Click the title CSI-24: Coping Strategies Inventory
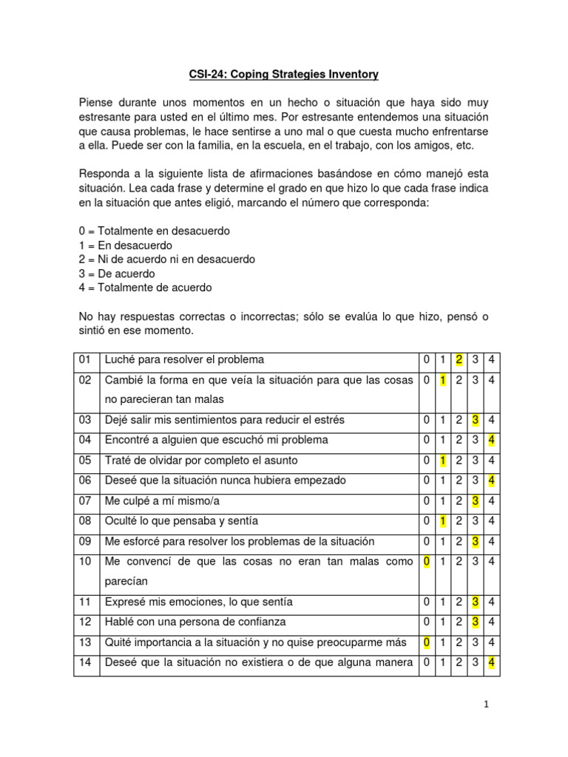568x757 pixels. click(283, 74)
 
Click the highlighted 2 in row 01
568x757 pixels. click(459, 360)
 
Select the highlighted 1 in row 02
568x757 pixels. click(442, 380)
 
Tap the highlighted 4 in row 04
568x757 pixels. click(492, 440)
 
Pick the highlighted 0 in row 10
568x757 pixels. click(426, 562)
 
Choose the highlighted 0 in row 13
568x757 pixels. click(426, 642)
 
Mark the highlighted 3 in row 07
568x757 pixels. click(476, 500)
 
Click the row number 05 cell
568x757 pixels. click(84, 461)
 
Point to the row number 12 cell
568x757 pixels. click(84, 622)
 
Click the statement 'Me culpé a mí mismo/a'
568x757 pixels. click(163, 500)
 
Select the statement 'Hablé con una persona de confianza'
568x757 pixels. click(195, 622)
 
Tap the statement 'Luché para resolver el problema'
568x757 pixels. click(184, 360)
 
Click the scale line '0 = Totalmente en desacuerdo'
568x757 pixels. click(155, 231)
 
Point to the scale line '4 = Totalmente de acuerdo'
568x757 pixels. click(145, 288)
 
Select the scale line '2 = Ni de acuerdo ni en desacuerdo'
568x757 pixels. click(167, 259)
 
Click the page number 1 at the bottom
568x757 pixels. click(487, 705)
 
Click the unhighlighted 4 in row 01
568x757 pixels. click(492, 360)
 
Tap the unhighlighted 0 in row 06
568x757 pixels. click(426, 481)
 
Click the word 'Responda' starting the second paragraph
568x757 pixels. click(104, 173)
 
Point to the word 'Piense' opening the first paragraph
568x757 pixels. click(97, 102)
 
